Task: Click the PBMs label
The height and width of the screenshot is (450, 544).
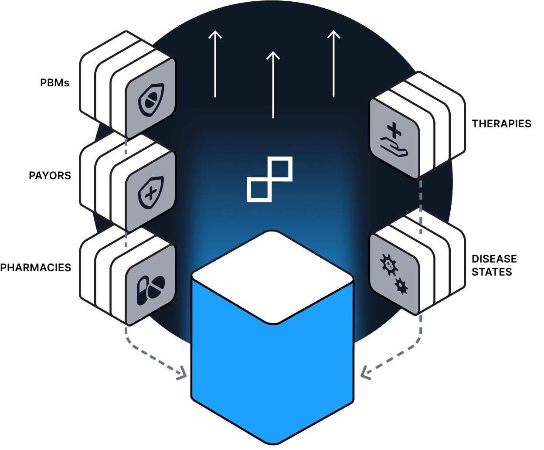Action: click(55, 83)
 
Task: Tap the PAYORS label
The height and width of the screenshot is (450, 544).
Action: click(50, 176)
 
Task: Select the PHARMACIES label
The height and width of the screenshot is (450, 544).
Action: click(35, 268)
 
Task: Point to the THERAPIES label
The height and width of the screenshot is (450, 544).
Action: click(502, 124)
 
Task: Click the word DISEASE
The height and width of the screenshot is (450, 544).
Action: click(494, 259)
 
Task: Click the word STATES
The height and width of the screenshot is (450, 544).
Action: click(492, 272)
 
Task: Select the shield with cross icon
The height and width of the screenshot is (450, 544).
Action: click(151, 193)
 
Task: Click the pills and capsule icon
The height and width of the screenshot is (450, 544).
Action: click(151, 290)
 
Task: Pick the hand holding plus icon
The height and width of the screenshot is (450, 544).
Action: click(394, 140)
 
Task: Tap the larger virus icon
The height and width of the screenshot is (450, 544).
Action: click(389, 265)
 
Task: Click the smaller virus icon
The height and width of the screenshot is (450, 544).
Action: click(401, 286)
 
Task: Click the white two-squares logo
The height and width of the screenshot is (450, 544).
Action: click(270, 179)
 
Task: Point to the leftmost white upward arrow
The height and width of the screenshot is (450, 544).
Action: click(215, 64)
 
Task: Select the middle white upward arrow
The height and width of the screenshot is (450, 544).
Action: click(273, 85)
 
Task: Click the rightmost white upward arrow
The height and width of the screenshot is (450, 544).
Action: click(333, 64)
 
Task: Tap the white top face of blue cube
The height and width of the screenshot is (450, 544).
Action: click(272, 277)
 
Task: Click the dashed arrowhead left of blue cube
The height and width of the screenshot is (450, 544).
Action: click(182, 373)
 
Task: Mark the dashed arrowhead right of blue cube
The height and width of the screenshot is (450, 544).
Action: click(365, 373)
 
